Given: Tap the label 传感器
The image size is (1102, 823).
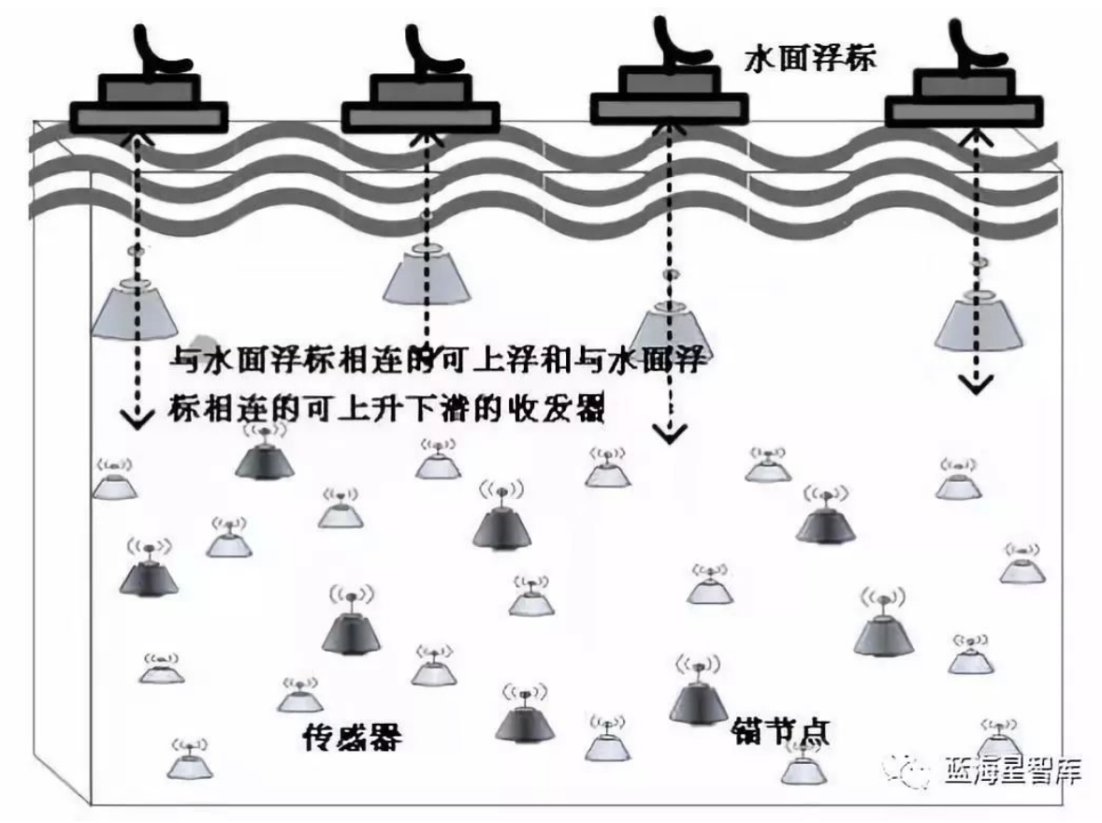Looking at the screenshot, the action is click(352, 737).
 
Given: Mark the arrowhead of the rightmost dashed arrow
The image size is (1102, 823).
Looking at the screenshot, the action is click(975, 383).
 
